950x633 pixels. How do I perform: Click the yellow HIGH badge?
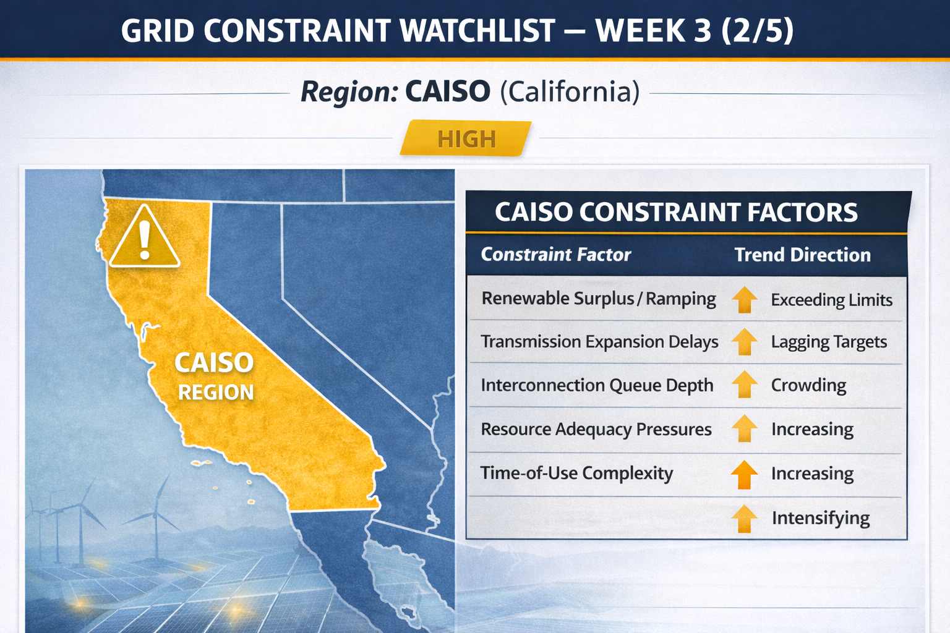[x=466, y=138]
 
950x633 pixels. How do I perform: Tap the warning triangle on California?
[x=145, y=237]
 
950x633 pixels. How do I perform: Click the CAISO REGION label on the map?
[x=215, y=376]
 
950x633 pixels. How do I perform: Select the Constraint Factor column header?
[x=556, y=255]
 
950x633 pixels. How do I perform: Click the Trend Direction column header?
[x=802, y=255]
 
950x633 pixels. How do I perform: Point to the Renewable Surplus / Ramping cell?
[x=599, y=299]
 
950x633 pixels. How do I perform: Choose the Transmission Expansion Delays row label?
[x=599, y=342]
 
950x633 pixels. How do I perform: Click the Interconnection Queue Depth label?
[x=597, y=385]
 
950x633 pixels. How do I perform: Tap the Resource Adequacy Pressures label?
[x=596, y=430]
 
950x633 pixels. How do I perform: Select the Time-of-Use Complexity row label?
[x=576, y=473]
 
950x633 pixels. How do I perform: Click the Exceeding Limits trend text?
[x=832, y=300]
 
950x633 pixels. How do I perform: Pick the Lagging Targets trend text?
[x=829, y=342]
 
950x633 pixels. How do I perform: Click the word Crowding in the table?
[x=808, y=386]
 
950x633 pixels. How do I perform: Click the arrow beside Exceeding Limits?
[x=745, y=300]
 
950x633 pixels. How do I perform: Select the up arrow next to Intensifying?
[x=745, y=519]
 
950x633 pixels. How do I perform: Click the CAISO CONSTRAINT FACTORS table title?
[x=676, y=212]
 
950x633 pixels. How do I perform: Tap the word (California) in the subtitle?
[x=570, y=91]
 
